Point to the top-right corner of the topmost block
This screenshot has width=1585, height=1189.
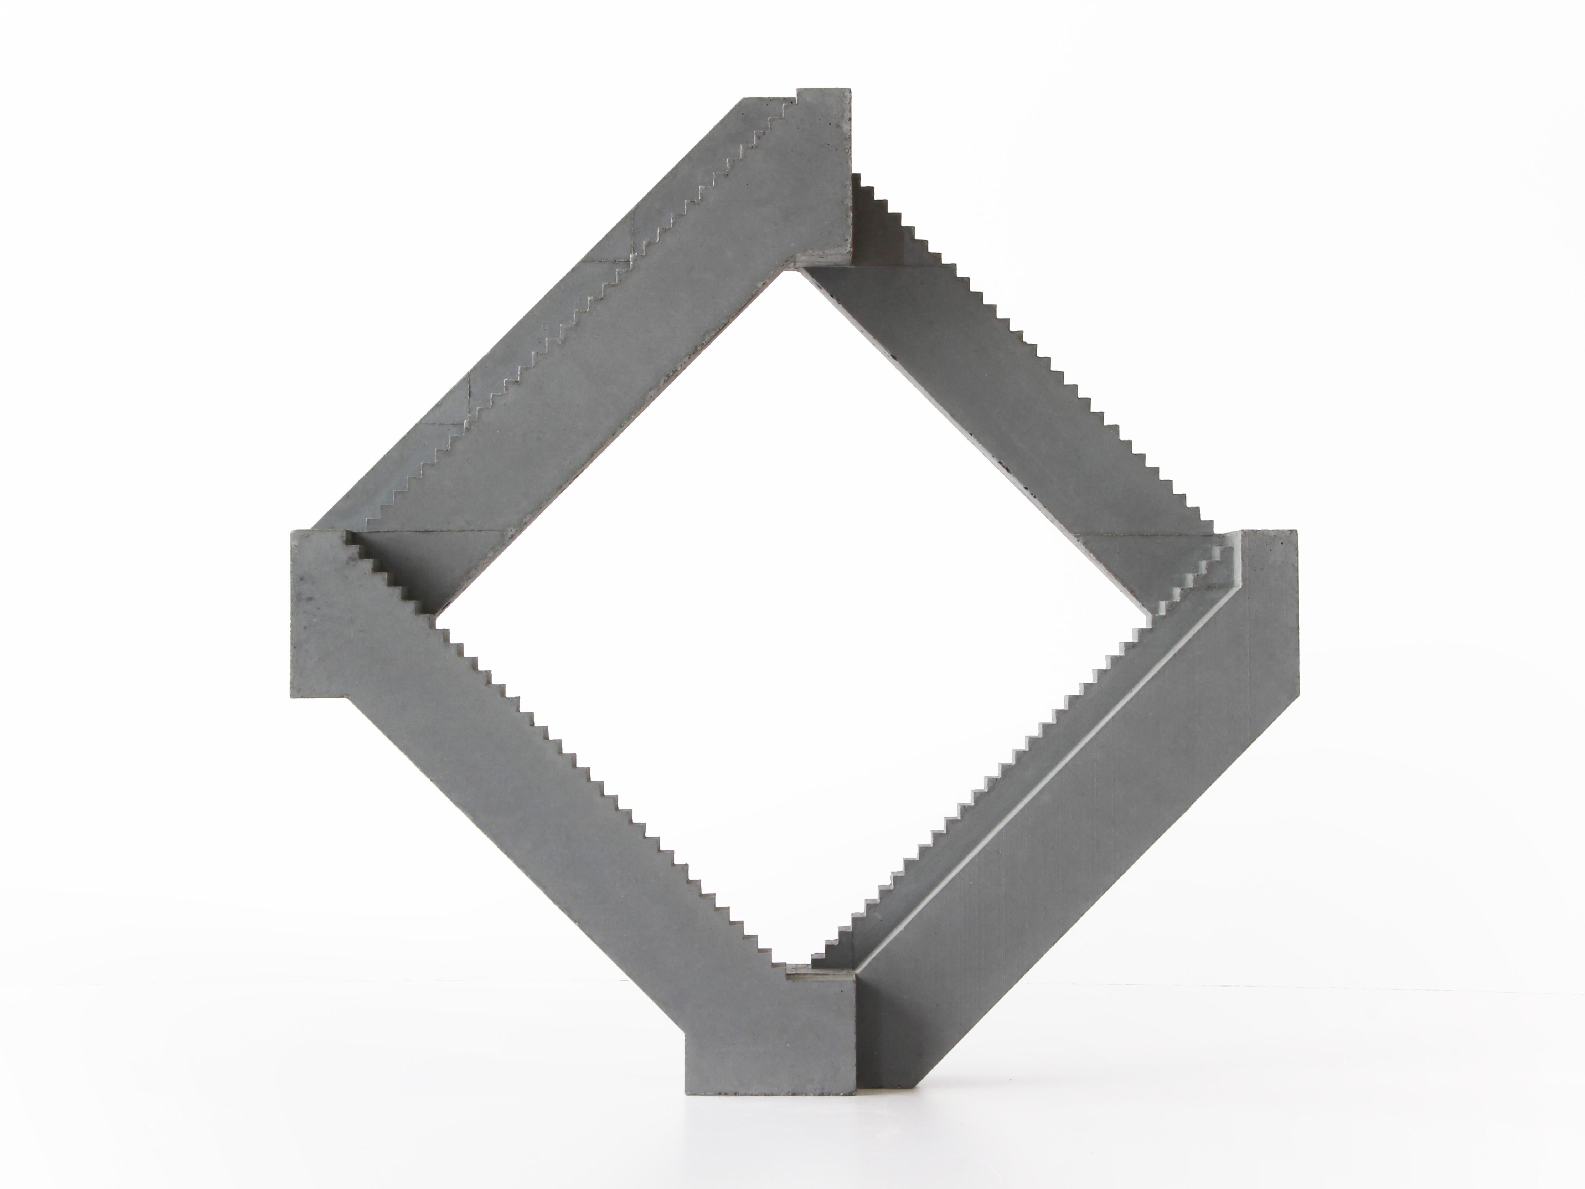[x=850, y=90]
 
